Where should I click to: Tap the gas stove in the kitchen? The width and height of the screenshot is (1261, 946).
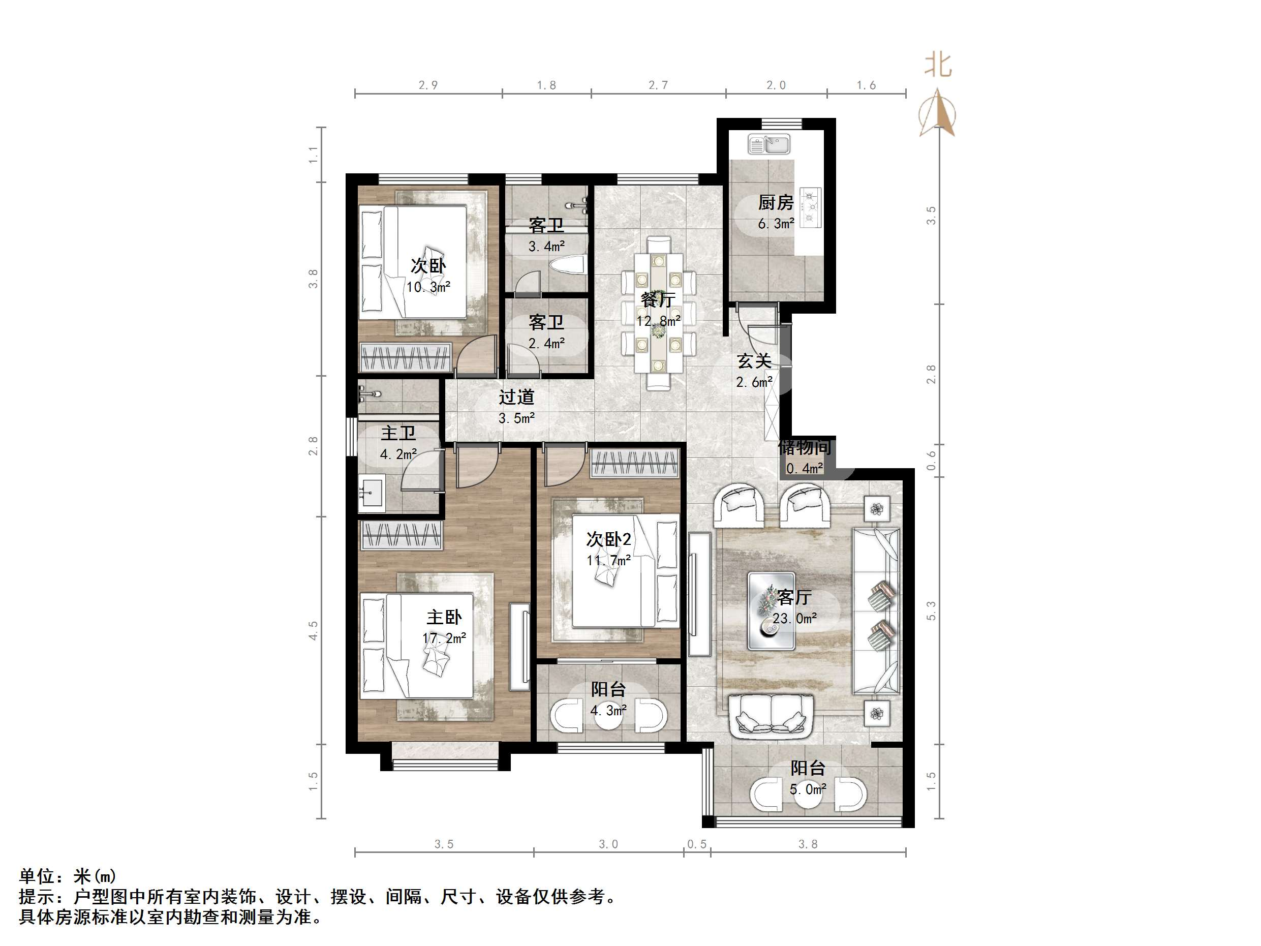point(811,207)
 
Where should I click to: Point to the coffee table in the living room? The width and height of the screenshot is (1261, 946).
point(771,611)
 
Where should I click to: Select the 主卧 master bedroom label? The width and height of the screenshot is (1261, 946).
point(444,617)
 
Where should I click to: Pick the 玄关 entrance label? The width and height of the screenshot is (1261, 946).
point(754,361)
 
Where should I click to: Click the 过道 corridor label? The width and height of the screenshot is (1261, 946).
point(516,397)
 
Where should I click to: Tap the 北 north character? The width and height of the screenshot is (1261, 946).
point(938,65)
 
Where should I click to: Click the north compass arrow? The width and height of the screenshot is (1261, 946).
point(937,113)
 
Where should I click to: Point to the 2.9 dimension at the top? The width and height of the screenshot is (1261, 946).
point(428,85)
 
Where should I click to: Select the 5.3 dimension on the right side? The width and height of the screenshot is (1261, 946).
point(931,611)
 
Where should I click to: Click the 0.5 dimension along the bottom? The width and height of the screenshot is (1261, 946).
point(697,844)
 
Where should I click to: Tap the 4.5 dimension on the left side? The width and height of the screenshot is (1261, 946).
point(313,631)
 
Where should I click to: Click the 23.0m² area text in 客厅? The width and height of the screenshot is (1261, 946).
point(795,619)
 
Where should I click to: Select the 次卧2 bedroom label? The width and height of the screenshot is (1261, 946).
point(608,539)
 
